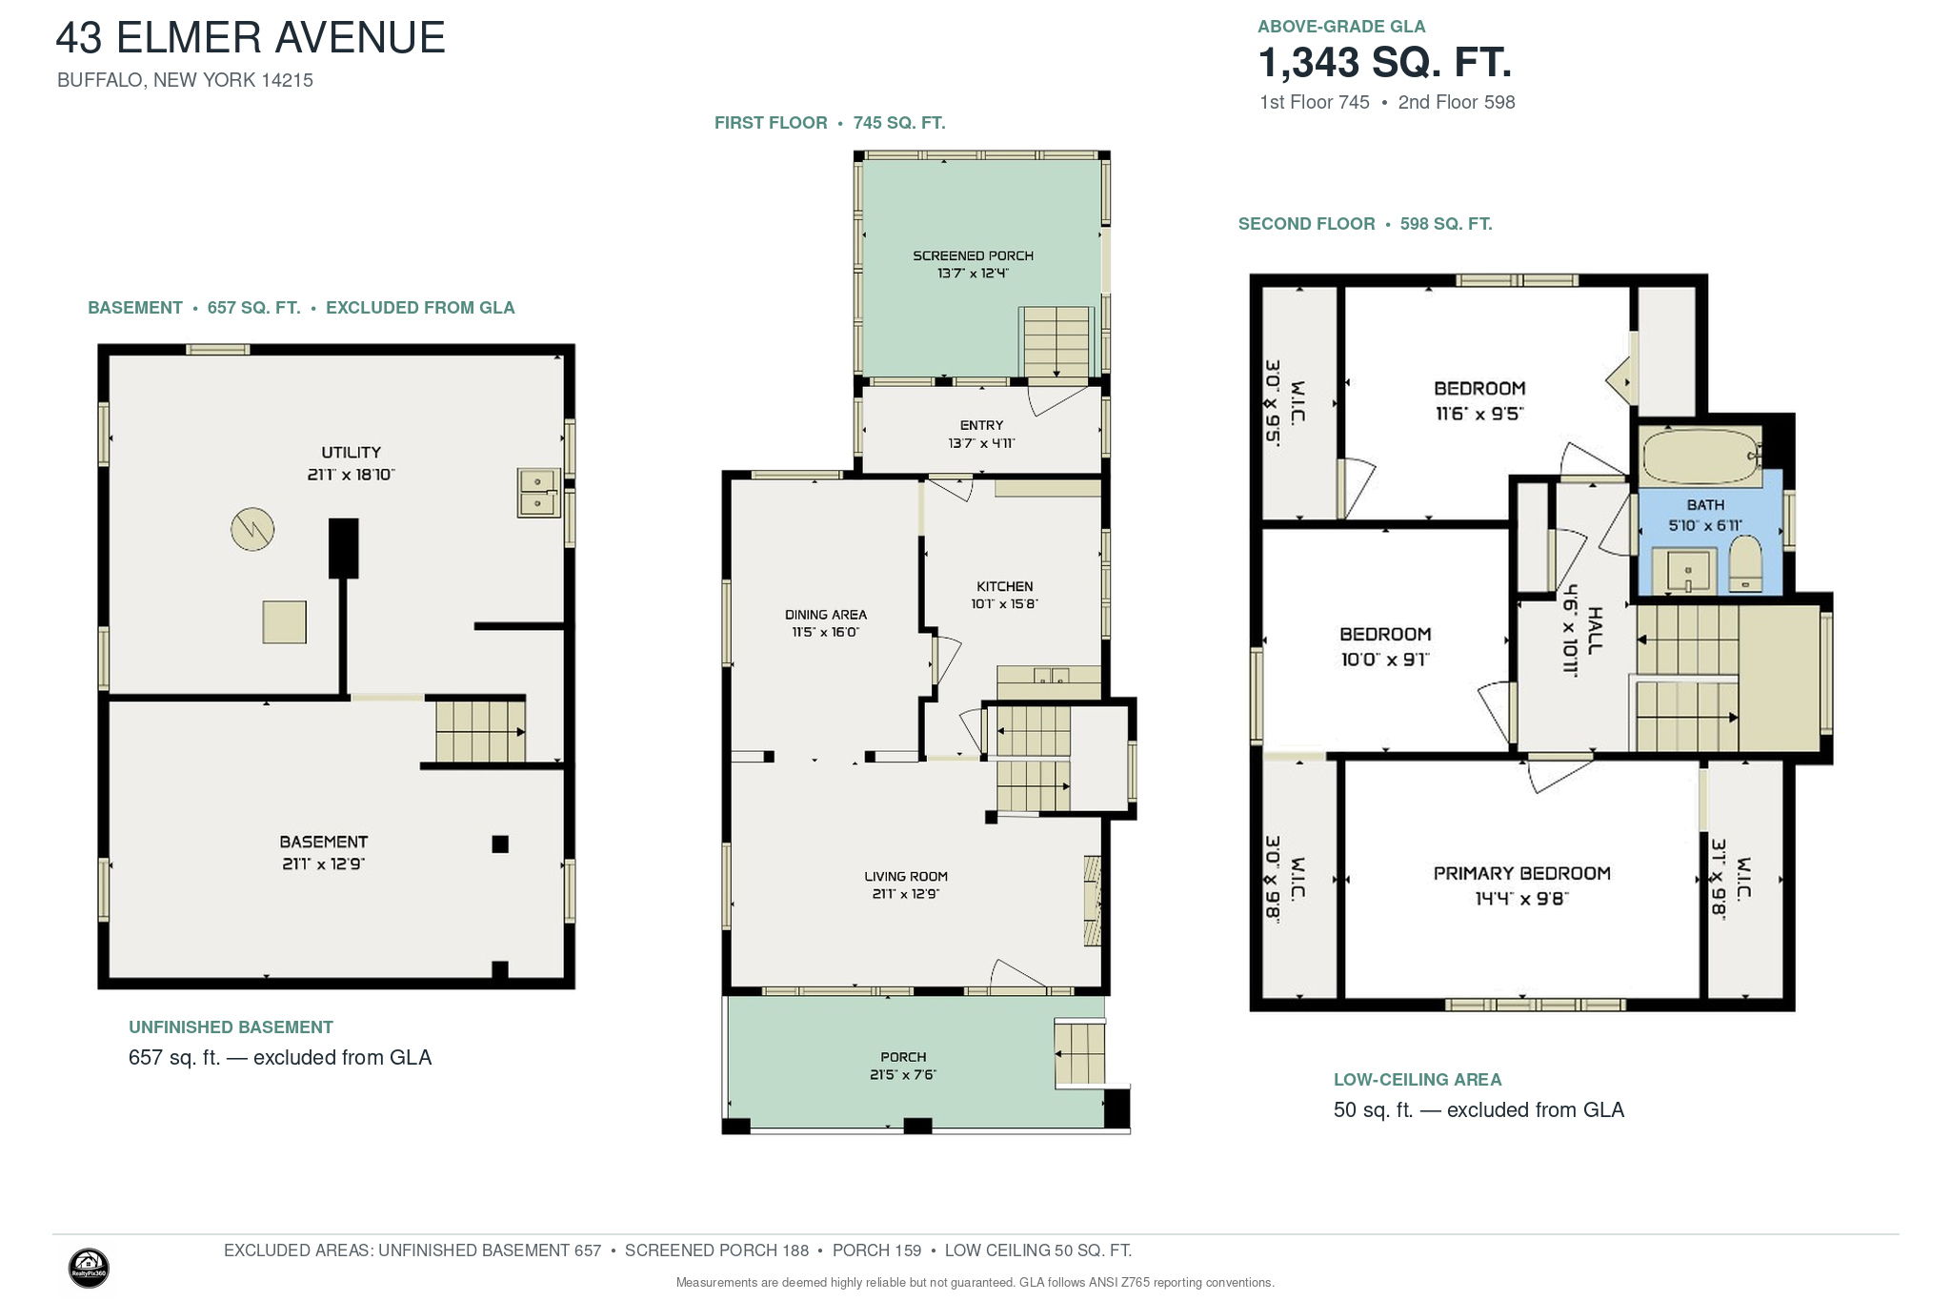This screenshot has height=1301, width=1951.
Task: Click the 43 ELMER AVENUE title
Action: click(x=251, y=38)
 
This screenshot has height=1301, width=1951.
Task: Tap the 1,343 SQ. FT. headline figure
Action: click(x=1385, y=63)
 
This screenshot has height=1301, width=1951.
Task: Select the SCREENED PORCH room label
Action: click(x=973, y=255)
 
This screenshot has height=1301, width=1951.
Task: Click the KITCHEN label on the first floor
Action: click(x=1004, y=586)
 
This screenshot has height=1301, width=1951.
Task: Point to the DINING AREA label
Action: click(x=825, y=615)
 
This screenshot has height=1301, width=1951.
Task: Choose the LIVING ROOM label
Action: click(x=906, y=877)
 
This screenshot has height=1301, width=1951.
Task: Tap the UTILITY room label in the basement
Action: click(x=351, y=453)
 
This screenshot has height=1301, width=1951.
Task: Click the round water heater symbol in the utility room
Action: click(x=252, y=528)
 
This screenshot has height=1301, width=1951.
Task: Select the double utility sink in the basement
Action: click(x=539, y=492)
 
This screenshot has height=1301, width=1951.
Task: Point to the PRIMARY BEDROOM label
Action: click(x=1521, y=873)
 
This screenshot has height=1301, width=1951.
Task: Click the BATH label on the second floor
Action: click(x=1705, y=505)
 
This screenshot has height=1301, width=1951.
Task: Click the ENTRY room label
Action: click(x=981, y=425)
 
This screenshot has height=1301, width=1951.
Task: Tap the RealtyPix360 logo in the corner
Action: click(x=89, y=1269)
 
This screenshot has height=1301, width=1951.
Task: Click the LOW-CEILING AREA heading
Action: click(x=1418, y=1080)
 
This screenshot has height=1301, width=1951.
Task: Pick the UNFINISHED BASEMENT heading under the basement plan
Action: click(x=231, y=1027)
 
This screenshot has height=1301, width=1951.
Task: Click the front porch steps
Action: click(x=1080, y=1053)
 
